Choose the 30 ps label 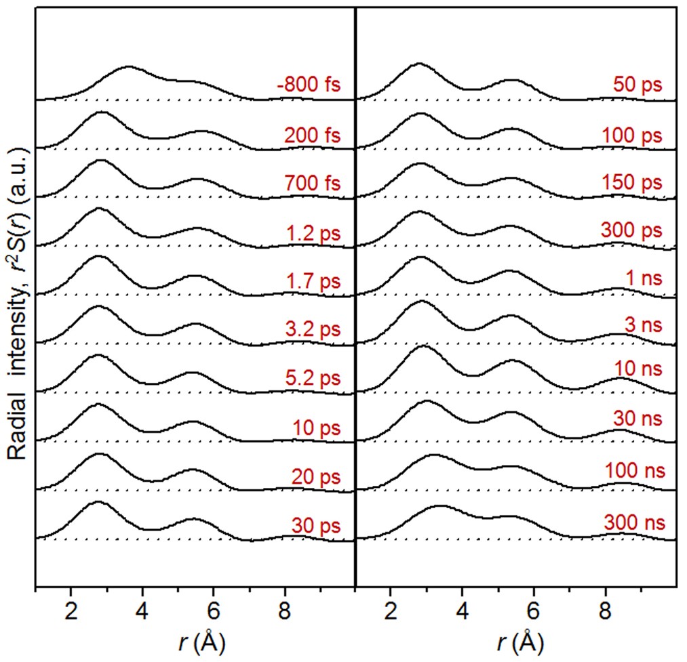coord(315,525)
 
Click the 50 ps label coord(637,85)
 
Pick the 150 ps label coord(631,183)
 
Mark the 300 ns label coord(633,523)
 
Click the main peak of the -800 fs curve coord(128,67)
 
